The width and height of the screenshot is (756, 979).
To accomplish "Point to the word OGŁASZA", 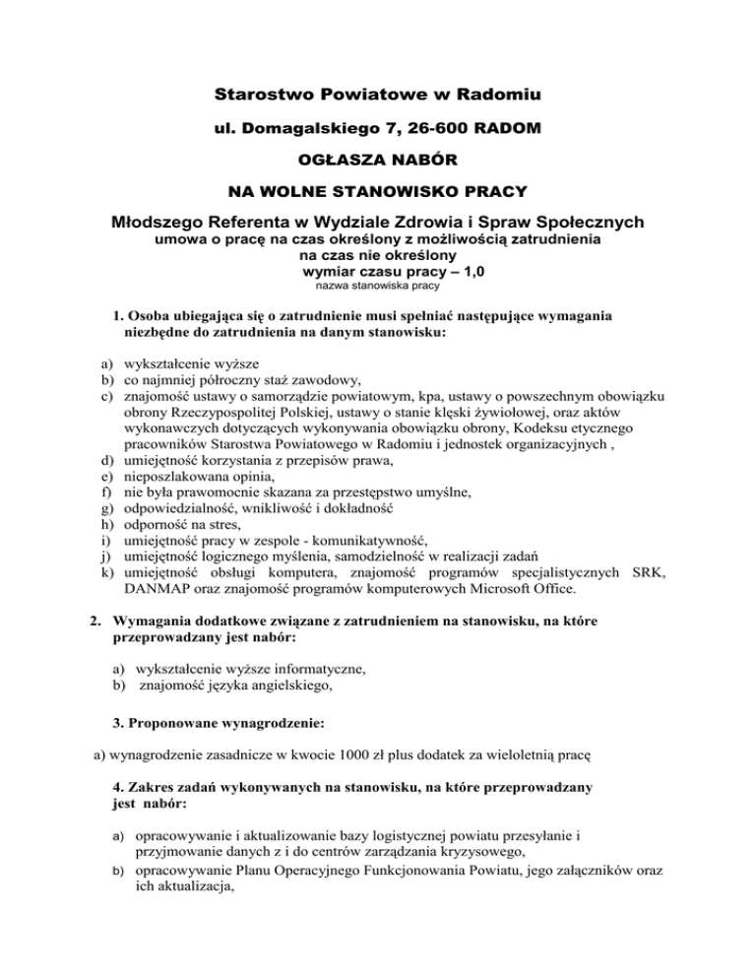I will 341,159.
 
